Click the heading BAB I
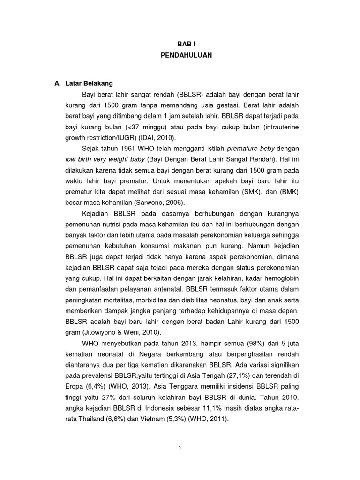click(x=186, y=44)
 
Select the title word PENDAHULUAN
click(x=186, y=55)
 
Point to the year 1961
click(x=130, y=149)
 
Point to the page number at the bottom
click(x=180, y=448)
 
